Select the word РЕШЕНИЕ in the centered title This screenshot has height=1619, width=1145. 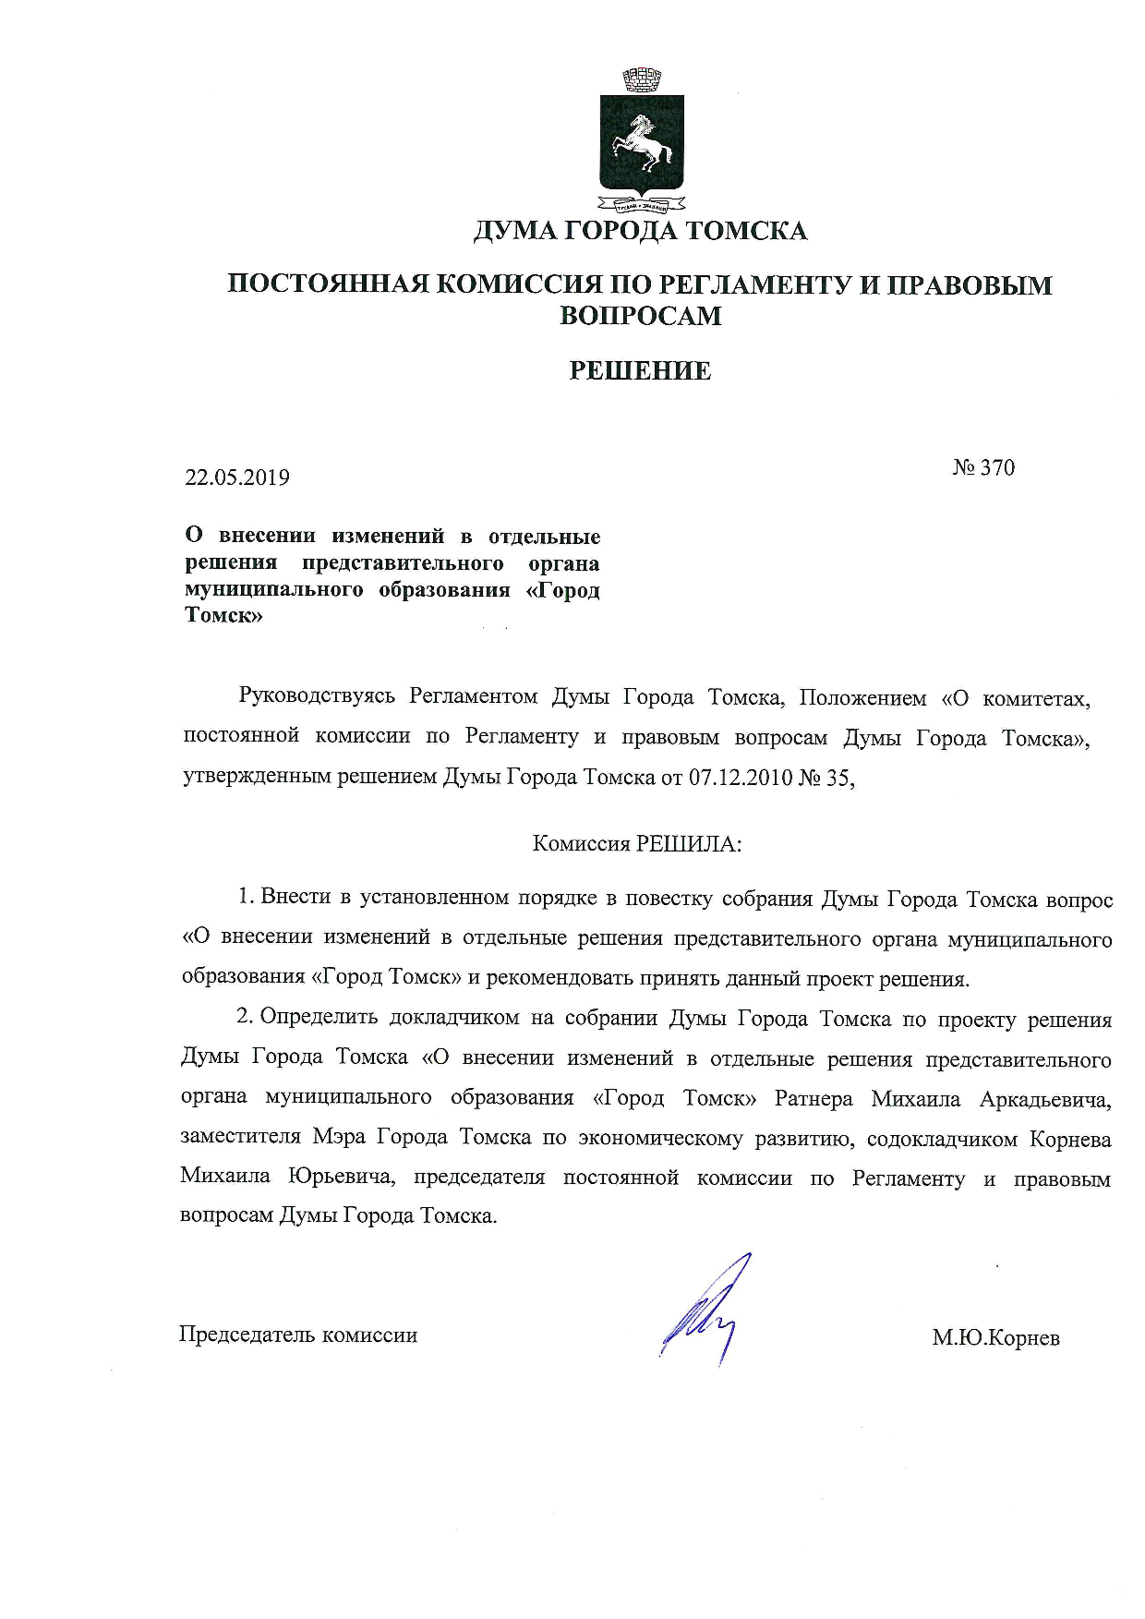pyautogui.click(x=640, y=371)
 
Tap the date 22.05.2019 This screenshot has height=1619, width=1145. pyautogui.click(x=237, y=477)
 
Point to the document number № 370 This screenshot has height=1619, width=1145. pyautogui.click(x=983, y=468)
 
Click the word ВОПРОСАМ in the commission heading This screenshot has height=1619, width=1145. pyautogui.click(x=640, y=316)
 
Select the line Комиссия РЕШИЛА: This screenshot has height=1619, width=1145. pyautogui.click(x=637, y=844)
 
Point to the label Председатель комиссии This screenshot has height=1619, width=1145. pyautogui.click(x=297, y=1335)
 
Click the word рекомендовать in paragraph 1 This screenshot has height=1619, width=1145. pyautogui.click(x=559, y=978)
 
